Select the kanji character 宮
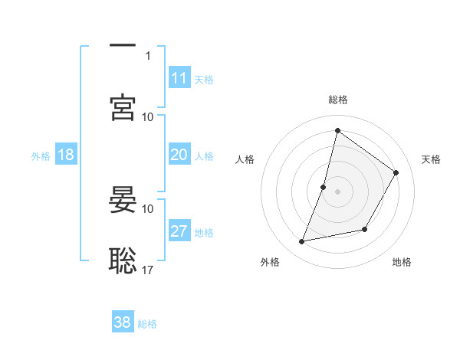coord(123,108)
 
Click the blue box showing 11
coord(179,78)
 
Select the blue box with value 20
coord(179,155)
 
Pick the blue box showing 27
coord(179,231)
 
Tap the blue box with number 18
coord(66,155)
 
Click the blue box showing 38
coord(123,322)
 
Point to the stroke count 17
coord(148,270)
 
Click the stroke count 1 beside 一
coord(148,55)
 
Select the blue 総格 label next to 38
coord(147,324)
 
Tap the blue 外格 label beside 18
coord(41,156)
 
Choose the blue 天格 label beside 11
coord(204,80)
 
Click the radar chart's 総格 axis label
coord(337,100)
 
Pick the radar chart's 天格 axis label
coord(431,159)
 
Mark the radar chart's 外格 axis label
coord(270,262)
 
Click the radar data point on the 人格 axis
coord(324,187)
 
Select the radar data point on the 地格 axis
coord(365,229)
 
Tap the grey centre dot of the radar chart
coord(337,191)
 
